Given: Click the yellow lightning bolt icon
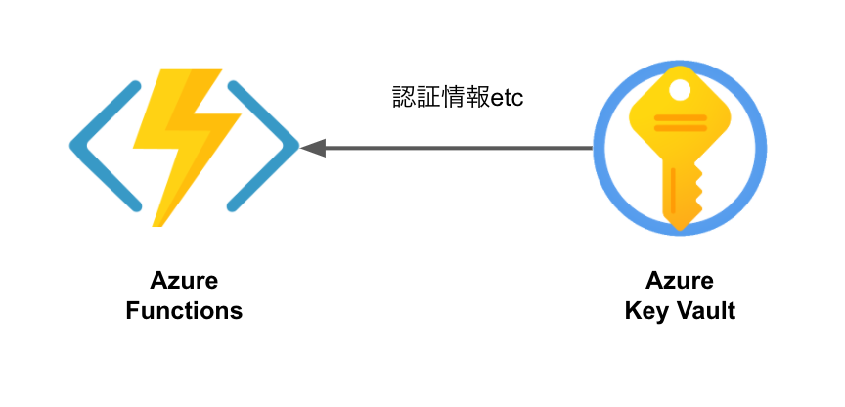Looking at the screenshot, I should [x=186, y=147].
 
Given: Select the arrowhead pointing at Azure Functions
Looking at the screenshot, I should [x=312, y=149].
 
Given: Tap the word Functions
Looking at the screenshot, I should [x=184, y=312].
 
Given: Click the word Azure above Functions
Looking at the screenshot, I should [x=184, y=283].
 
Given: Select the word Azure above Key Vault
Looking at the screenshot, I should [x=680, y=283].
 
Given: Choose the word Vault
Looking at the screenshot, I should [x=701, y=312].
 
